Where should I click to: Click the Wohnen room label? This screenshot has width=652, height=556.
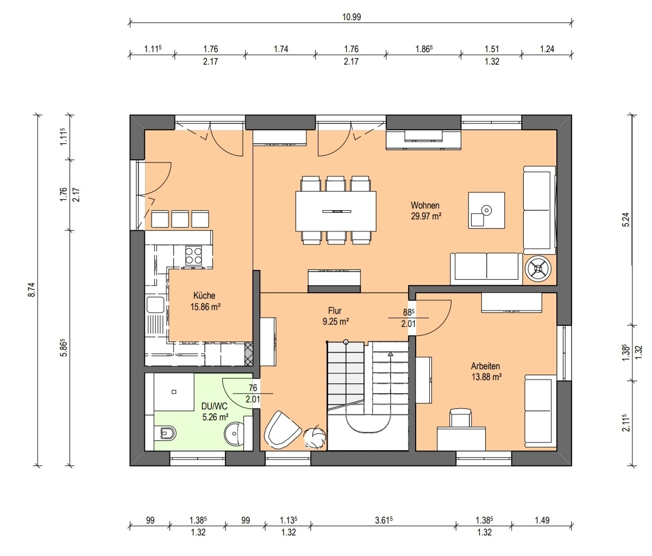425,205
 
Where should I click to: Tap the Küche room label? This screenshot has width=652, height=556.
204,296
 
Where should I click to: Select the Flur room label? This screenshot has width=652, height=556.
335,311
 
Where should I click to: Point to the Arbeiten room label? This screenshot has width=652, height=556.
485,367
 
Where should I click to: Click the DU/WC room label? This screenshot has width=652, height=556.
214,406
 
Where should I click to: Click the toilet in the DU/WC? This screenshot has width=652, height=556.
168,433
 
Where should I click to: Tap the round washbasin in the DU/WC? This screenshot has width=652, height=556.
234,433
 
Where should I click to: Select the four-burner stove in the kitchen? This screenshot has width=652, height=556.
193,256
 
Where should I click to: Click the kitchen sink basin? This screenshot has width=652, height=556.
155,305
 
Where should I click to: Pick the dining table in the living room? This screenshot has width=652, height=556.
336,211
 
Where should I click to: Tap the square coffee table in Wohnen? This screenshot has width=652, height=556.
486,210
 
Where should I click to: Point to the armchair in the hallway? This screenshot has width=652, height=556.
281,429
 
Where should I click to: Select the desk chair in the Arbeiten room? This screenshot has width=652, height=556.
461,416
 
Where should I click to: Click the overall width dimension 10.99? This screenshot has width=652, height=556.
352,17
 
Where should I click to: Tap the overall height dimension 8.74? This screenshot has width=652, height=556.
32,289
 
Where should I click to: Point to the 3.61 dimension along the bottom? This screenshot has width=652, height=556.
384,520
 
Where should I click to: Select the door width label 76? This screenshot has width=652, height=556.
253,388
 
